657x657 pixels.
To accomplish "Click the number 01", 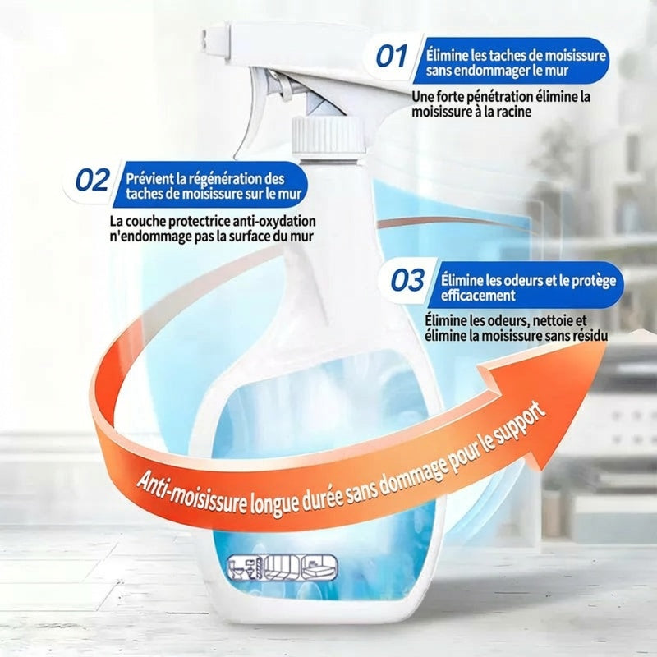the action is (x=392, y=56).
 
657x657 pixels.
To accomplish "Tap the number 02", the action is (x=93, y=180).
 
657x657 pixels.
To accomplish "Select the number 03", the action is (x=407, y=280).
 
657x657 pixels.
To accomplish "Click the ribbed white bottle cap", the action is (x=328, y=136).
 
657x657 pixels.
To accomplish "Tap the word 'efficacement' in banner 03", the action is (x=478, y=296).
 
